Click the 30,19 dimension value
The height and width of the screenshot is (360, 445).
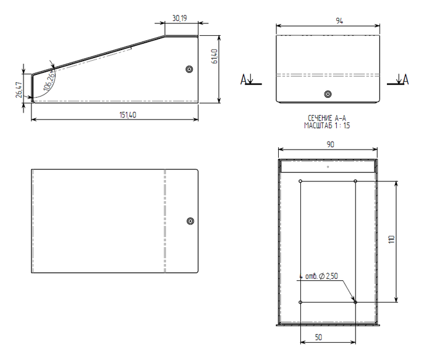click(x=180, y=19)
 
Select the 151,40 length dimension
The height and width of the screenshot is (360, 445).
click(x=128, y=115)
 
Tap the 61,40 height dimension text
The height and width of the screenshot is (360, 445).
click(x=215, y=56)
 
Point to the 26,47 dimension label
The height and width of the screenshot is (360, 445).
click(x=19, y=90)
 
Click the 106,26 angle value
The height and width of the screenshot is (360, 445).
click(x=49, y=80)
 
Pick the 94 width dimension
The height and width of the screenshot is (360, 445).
click(x=339, y=21)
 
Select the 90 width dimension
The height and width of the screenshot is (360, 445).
click(x=330, y=144)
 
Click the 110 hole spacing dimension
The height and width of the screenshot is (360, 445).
click(x=391, y=239)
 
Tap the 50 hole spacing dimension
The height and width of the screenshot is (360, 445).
click(x=318, y=337)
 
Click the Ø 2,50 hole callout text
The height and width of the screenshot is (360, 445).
click(x=328, y=276)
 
